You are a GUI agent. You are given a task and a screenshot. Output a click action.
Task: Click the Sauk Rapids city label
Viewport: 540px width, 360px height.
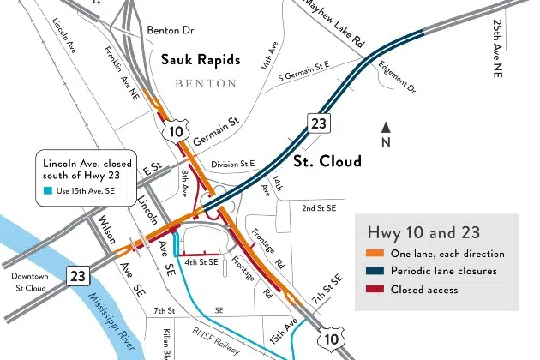pyautogui.click(x=200, y=62)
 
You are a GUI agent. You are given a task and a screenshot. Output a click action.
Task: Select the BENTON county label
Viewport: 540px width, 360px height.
pyautogui.click(x=205, y=84)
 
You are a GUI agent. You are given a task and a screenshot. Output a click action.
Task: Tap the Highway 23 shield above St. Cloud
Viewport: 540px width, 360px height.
pyautogui.click(x=319, y=125)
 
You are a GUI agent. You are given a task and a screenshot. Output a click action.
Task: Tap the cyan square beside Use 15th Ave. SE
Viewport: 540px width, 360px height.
pyautogui.click(x=48, y=190)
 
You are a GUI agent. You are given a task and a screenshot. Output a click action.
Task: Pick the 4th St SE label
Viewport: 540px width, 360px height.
pyautogui.click(x=200, y=261)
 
